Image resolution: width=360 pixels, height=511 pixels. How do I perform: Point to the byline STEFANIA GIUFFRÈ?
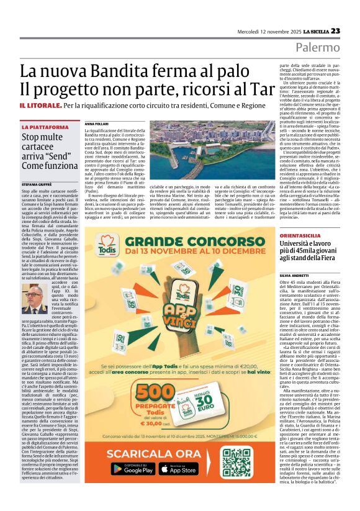pos(38,184)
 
